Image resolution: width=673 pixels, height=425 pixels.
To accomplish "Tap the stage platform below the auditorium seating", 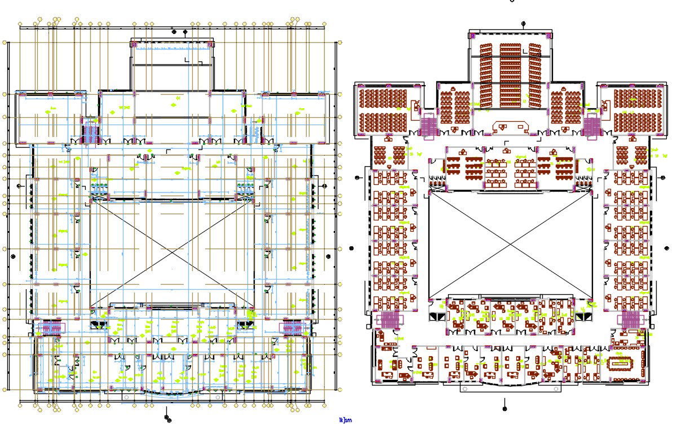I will point(511,126).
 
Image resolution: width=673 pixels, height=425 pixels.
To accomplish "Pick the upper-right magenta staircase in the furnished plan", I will point(592,125).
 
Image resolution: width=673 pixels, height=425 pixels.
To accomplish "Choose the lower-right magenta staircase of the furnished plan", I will point(630,320).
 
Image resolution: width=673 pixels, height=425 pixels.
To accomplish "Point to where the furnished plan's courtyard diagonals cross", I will point(511,245).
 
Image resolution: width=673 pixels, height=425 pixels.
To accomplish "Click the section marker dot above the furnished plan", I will point(523,24).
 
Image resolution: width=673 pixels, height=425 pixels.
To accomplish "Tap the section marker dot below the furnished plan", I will point(504,408).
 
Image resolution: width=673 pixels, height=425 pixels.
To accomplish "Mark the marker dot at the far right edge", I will point(667,248).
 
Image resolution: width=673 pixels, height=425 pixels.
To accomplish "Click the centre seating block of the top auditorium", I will point(511,74).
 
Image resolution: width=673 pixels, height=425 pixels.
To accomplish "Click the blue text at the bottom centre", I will point(345,420).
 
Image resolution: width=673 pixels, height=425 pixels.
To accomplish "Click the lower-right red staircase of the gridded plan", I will point(293,327).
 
